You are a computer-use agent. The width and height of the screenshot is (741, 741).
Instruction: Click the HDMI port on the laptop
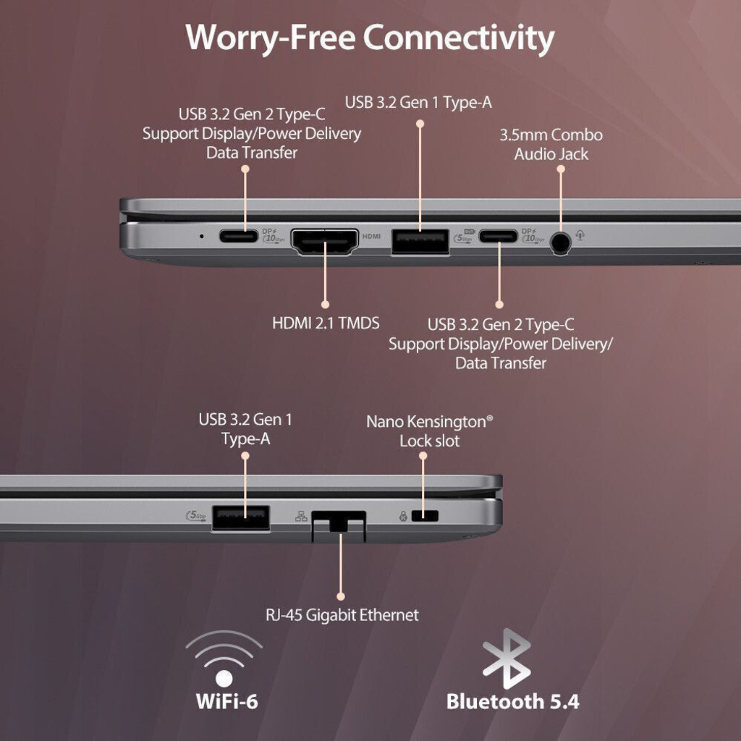coord(325,242)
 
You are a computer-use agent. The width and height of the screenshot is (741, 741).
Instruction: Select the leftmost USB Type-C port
coord(239,236)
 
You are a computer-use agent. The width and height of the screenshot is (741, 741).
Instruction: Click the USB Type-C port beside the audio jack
coord(498,236)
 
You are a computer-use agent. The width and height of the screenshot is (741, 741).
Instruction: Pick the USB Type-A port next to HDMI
coord(420,242)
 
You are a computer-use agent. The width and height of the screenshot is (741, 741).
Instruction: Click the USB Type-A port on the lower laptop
coord(241,517)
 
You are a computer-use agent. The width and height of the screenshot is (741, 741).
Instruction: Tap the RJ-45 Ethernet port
coord(339,525)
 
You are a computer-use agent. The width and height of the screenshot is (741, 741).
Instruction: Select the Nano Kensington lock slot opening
coord(425,515)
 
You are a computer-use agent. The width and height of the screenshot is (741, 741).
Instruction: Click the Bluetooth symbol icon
coord(506,659)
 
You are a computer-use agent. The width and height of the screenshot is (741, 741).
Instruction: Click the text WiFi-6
coord(226,700)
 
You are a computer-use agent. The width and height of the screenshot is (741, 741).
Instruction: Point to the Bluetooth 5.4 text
coord(513,701)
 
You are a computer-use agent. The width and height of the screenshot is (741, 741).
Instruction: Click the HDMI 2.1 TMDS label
coord(326,323)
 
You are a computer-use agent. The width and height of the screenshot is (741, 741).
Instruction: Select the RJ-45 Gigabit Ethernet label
coord(342,615)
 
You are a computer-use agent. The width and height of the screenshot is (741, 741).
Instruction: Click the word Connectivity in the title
coord(458,38)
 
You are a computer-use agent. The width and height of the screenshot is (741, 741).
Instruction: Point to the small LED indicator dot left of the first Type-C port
coord(202,235)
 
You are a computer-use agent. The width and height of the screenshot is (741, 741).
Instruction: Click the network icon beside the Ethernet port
coord(301,517)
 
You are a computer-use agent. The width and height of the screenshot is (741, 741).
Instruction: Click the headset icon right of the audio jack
coord(580,234)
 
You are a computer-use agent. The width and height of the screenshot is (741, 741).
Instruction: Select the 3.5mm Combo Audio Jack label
coord(551,145)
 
